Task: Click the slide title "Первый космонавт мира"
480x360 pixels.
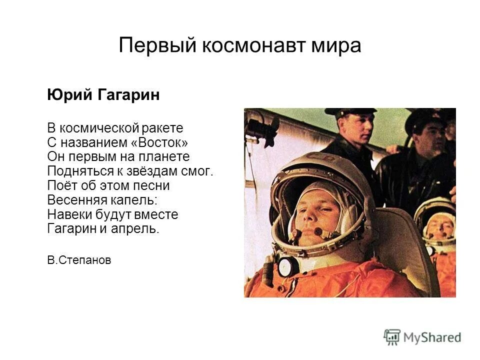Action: pos(239,46)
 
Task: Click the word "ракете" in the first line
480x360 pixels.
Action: pos(164,127)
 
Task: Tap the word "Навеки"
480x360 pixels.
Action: pos(66,214)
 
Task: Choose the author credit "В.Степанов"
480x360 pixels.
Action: pos(79,260)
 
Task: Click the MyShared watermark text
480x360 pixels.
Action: pos(433,337)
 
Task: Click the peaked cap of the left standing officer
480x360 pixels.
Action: pos(349,112)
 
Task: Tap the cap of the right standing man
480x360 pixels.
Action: pos(425,118)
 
